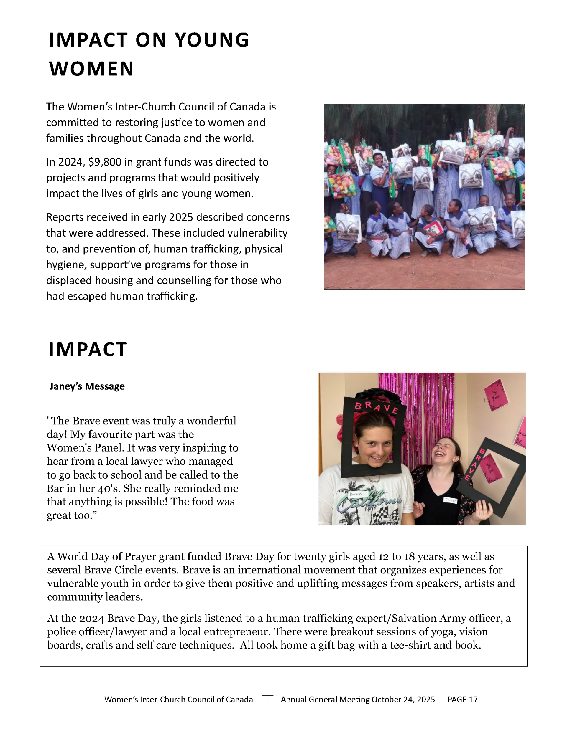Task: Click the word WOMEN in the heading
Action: (91, 69)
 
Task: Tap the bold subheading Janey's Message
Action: (87, 386)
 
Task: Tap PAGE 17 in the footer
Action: (462, 699)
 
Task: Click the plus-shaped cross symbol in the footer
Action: (268, 696)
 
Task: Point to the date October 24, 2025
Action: (403, 699)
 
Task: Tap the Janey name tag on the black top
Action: (450, 500)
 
